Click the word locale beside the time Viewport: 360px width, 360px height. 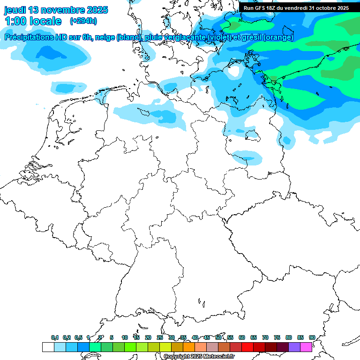(x=46, y=21)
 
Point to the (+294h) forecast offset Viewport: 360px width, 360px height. (x=83, y=21)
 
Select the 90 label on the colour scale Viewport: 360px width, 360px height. (x=312, y=337)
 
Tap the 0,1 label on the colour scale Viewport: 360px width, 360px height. (x=54, y=337)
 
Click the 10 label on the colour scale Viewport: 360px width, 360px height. (x=125, y=337)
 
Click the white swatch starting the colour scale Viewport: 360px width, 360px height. (x=48, y=347)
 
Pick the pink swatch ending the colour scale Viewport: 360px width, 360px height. (x=306, y=347)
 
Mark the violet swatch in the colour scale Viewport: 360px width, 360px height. (x=294, y=347)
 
